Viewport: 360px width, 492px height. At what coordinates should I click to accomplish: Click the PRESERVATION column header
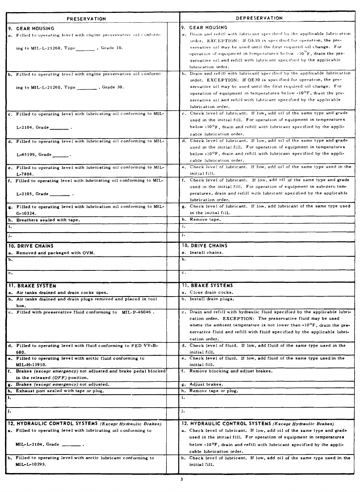pos(86,19)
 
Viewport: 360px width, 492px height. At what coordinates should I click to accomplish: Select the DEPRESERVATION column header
pos(259,18)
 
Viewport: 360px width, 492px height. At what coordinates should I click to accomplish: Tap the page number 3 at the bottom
pos(182,480)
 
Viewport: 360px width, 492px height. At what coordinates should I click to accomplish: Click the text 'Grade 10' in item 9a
pos(112,48)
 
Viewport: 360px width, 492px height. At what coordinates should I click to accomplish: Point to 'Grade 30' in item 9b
pos(113,87)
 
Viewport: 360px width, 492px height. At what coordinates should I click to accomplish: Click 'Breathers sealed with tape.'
pos(48,220)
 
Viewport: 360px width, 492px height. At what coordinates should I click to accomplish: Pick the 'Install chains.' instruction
pos(207,252)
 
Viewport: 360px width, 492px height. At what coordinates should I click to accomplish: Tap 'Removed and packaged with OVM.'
pos(55,253)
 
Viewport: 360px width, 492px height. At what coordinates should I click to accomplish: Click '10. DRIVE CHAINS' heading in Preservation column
pos(31,246)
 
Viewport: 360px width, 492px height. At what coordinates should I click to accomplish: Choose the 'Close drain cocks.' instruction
pos(211,292)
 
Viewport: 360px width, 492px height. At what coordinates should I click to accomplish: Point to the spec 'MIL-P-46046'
pos(137,312)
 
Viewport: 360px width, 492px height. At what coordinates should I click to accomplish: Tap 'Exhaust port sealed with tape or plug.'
pos(60,391)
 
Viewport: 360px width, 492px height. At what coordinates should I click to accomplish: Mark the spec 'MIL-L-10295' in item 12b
pos(31,464)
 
